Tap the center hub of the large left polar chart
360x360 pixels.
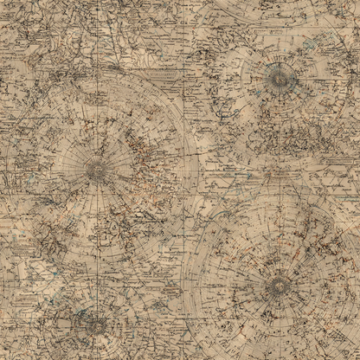[97, 170]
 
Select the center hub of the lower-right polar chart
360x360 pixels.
[279, 283]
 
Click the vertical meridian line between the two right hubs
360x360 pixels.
[280, 182]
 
